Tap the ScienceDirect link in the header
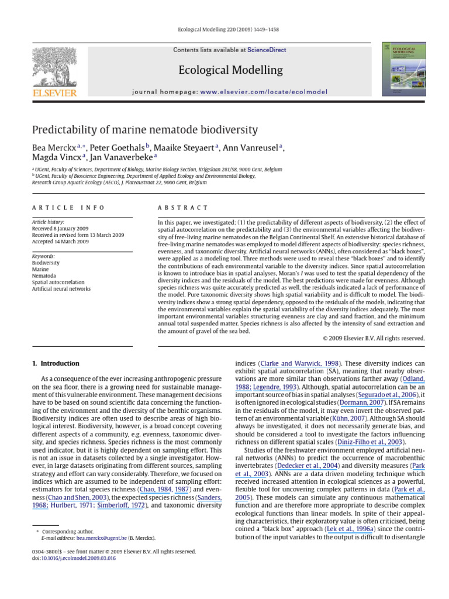click(267, 50)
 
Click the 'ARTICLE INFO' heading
click(68, 208)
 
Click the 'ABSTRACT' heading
click(183, 208)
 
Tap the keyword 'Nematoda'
click(44, 276)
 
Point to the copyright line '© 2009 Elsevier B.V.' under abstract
click(374, 338)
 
